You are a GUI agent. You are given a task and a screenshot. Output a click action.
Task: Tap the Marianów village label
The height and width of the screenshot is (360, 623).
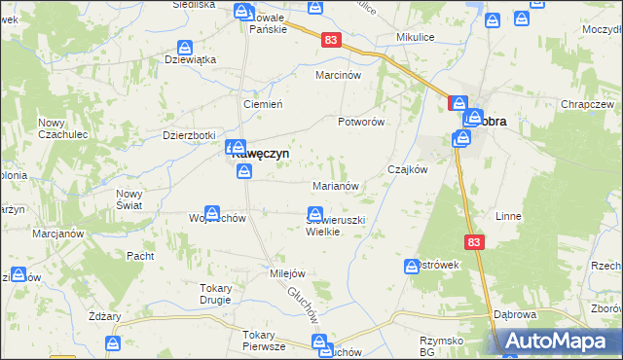338,185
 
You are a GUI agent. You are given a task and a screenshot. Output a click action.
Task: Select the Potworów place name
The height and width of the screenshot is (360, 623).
362,122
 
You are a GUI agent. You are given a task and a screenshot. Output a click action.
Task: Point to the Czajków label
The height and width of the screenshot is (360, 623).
408,169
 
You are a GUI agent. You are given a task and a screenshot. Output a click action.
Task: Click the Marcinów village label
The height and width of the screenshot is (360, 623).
339,75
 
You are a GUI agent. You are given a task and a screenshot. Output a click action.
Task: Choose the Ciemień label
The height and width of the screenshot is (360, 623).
262,104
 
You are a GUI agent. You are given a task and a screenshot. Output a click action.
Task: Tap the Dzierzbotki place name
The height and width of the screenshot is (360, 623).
189,136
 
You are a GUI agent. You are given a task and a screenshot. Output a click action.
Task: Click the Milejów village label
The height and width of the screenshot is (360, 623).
288,273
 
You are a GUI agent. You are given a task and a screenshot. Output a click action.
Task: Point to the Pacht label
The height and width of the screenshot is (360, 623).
140,256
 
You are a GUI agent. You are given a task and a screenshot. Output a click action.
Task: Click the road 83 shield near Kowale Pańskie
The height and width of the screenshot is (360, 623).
332,39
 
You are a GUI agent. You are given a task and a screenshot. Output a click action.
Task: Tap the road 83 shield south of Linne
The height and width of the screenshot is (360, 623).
473,243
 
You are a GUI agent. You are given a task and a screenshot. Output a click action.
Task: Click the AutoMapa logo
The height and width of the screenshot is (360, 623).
559,342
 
